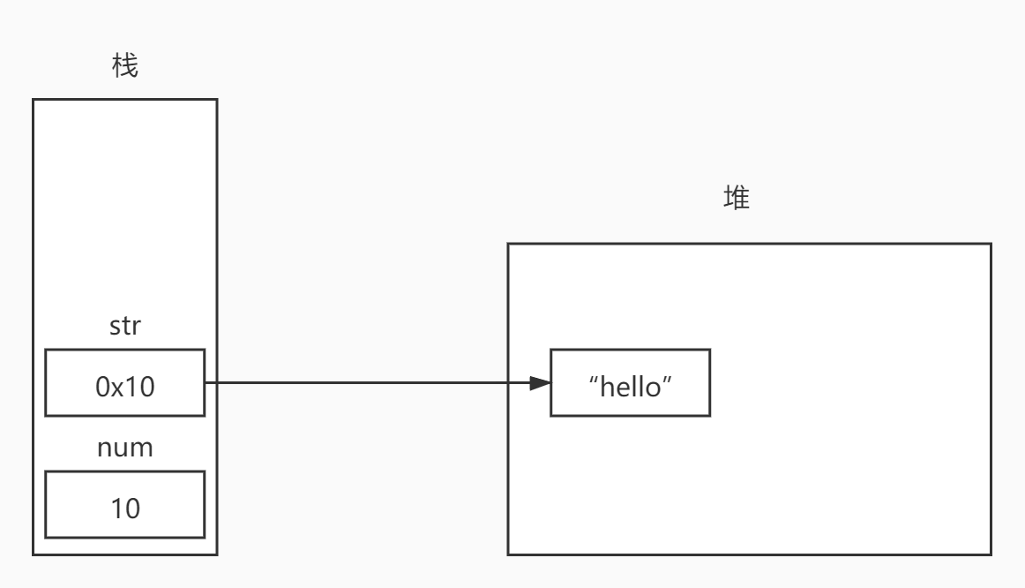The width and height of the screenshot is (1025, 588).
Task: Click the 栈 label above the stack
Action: (125, 65)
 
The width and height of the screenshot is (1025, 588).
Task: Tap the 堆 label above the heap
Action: (737, 198)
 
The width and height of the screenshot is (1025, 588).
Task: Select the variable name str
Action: (125, 326)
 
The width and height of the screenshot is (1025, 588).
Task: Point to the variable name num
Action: (125, 448)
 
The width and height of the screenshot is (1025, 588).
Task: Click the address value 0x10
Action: (125, 387)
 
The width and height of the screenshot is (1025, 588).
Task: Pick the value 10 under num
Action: (125, 509)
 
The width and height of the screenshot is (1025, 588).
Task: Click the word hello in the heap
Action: (630, 387)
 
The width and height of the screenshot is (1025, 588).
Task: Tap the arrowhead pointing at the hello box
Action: (540, 382)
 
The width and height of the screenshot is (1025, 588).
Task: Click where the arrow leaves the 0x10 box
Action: (206, 382)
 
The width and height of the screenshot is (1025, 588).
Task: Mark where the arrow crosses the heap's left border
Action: (508, 382)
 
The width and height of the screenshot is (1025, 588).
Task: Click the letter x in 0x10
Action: (117, 389)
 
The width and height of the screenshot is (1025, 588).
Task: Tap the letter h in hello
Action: (607, 387)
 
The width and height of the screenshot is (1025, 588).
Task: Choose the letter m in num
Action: (143, 450)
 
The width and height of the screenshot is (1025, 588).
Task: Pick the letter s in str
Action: (115, 328)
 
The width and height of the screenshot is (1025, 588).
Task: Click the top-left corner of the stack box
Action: (34, 100)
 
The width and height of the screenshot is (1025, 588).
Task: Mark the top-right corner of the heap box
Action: (991, 244)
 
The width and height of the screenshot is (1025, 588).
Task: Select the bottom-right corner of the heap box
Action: (991, 554)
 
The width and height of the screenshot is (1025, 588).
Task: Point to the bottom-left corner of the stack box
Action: (34, 554)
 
